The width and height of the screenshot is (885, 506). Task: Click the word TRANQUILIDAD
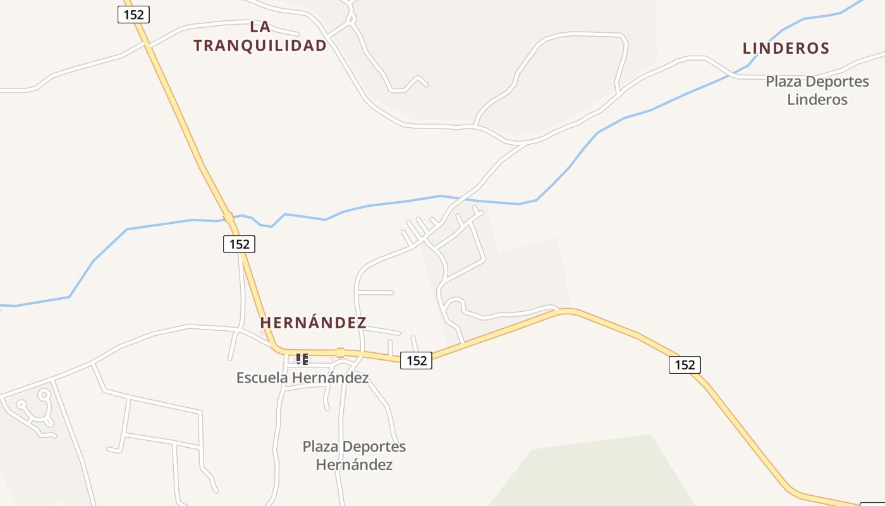click(260, 46)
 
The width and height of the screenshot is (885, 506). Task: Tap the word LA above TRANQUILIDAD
click(260, 27)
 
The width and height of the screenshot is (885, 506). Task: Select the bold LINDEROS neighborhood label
click(786, 48)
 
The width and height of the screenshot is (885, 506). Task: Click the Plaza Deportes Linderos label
click(817, 90)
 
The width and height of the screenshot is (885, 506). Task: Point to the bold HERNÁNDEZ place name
click(313, 323)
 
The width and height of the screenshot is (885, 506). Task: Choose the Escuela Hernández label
click(302, 378)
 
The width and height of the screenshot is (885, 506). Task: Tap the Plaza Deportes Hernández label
click(354, 455)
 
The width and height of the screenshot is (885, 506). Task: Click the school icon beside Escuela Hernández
click(302, 359)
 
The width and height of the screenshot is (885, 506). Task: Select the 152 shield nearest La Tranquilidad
click(133, 15)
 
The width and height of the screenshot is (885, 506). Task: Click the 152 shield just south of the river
click(239, 244)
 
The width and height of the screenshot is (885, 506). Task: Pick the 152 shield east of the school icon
click(417, 361)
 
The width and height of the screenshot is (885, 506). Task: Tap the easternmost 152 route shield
click(685, 364)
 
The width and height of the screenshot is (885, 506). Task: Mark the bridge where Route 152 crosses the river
click(228, 217)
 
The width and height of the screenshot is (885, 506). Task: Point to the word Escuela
click(260, 378)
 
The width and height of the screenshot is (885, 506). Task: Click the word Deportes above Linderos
click(839, 82)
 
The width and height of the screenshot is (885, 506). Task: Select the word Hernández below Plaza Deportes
click(354, 465)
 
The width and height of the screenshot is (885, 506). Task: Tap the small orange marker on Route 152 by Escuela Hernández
click(340, 352)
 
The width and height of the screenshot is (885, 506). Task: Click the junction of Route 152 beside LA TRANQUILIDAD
click(147, 44)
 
